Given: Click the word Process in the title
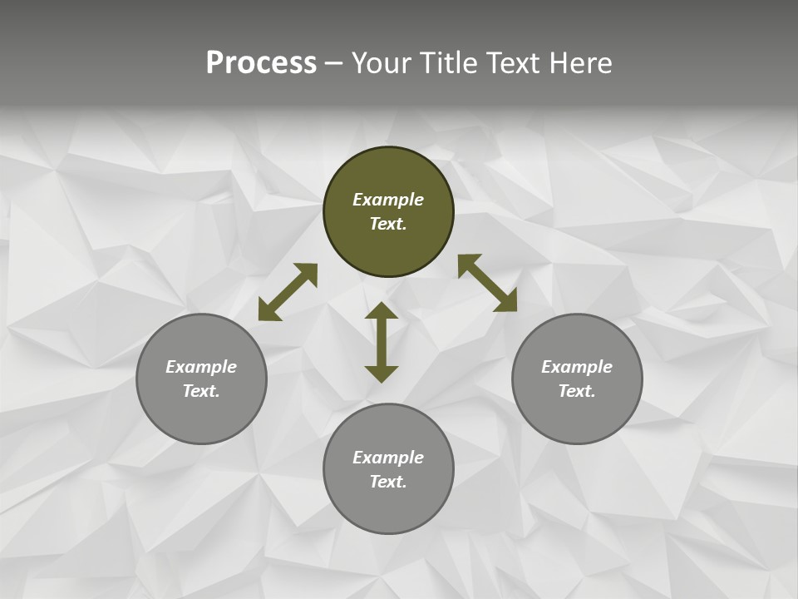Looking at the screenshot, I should [261, 63].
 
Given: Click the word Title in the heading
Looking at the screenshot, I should [446, 63].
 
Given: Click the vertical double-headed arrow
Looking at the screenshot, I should [382, 342].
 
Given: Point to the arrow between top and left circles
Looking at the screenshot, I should [288, 292].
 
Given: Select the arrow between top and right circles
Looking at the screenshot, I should [487, 283].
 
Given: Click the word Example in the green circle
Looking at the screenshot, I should [388, 200].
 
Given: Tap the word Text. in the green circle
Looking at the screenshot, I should [388, 224].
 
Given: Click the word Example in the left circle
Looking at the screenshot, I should [201, 367].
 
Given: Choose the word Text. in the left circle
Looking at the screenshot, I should [201, 391].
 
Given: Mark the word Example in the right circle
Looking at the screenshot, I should [577, 367].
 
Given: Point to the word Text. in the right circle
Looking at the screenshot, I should [577, 391].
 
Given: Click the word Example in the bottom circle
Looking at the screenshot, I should [388, 458].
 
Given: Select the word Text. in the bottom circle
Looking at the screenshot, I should [388, 482].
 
